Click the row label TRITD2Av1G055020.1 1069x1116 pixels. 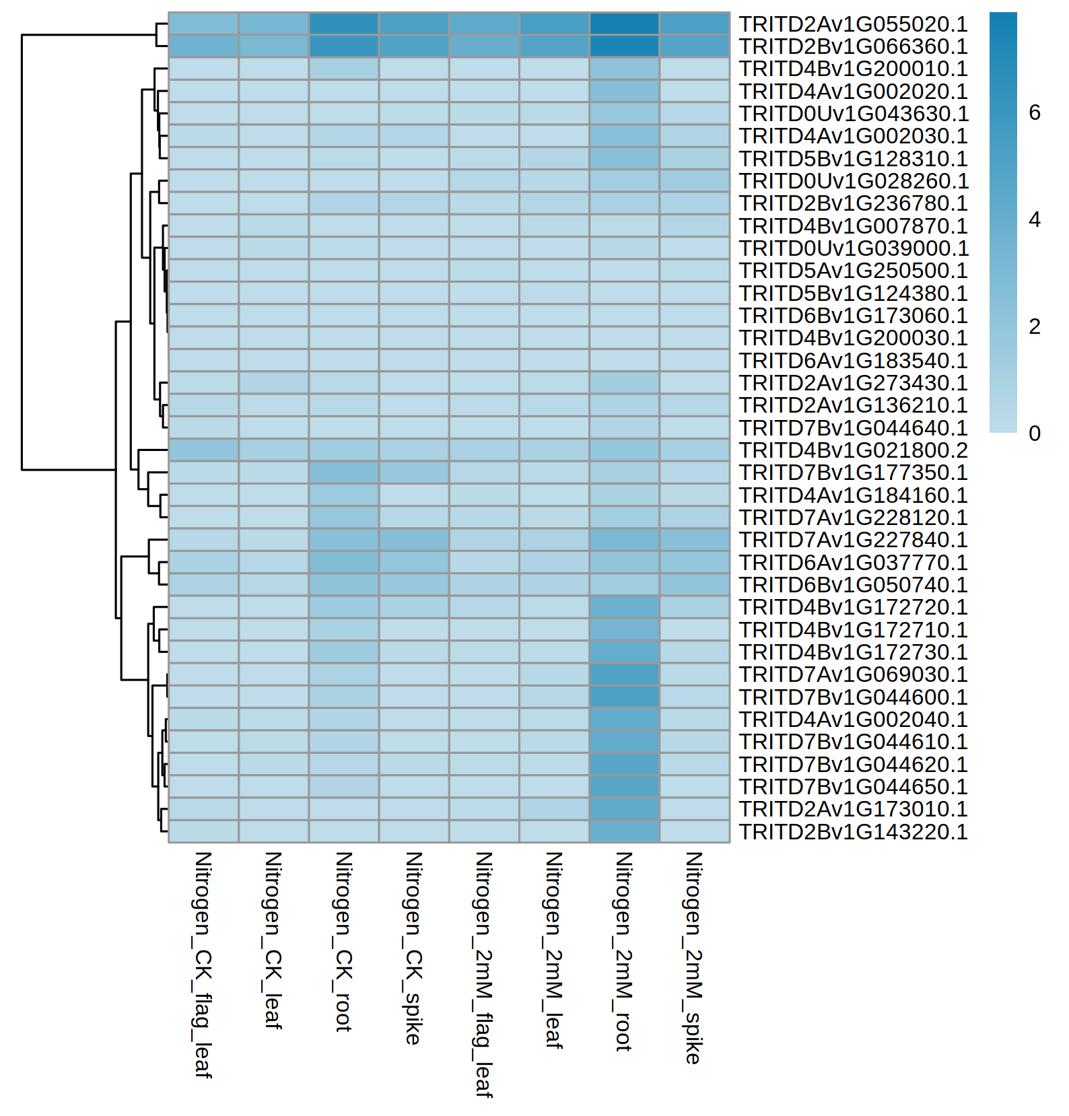coord(853,24)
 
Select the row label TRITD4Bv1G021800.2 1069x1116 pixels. coord(853,450)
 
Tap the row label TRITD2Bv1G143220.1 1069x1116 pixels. coord(853,832)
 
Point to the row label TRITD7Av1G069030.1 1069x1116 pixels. coord(853,674)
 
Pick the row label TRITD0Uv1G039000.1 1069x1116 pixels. coord(854,248)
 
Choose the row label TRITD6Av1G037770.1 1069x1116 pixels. coord(853,563)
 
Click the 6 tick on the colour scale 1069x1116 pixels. coord(1035,113)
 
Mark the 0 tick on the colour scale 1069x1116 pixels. coord(1035,433)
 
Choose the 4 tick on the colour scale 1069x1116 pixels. coord(1035,220)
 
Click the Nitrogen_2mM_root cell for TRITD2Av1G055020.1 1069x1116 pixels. coord(624,24)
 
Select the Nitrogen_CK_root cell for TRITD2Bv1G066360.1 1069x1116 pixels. coord(344,46)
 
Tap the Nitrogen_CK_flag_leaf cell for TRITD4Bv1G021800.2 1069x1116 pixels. coord(203,450)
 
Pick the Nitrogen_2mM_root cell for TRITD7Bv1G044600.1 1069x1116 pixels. coord(624,697)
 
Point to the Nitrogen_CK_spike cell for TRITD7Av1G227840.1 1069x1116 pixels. coord(414,540)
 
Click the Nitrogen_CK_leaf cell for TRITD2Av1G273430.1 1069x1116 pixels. coord(273,383)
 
